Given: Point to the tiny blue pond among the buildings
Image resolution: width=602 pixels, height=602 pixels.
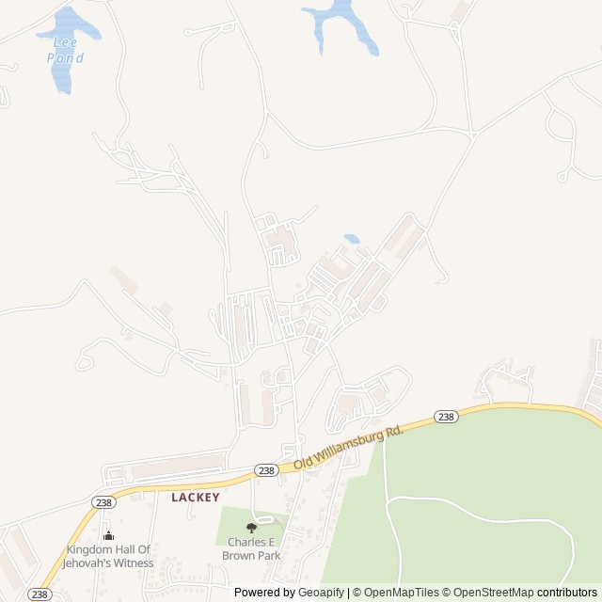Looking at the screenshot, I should tap(351, 239).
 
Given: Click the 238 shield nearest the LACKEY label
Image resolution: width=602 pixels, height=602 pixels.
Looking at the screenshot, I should tap(265, 470).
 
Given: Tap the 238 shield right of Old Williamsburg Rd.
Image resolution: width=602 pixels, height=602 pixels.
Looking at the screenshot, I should tap(446, 416).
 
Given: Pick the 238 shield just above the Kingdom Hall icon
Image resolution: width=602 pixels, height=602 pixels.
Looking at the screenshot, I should tap(103, 502).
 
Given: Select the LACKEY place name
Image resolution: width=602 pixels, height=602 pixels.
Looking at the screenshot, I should tap(196, 497).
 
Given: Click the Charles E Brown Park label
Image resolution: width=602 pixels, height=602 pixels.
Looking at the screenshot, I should tap(251, 549).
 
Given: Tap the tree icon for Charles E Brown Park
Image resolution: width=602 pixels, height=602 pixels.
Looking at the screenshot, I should tap(251, 529).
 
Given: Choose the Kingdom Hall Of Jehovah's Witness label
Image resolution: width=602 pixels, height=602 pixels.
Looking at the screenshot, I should tap(107, 557).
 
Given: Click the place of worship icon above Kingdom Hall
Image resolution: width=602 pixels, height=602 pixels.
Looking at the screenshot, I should tap(107, 536).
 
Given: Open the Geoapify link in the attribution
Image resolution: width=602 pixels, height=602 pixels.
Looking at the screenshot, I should tap(321, 593).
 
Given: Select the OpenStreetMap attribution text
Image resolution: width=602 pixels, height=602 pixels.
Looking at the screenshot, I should tap(493, 593).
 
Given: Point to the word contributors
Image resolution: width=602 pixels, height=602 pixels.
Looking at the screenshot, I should tap(567, 593).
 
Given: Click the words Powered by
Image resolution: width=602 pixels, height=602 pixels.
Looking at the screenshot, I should tap(264, 593).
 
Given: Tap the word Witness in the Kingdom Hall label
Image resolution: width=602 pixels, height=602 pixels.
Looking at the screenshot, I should tap(132, 563).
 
